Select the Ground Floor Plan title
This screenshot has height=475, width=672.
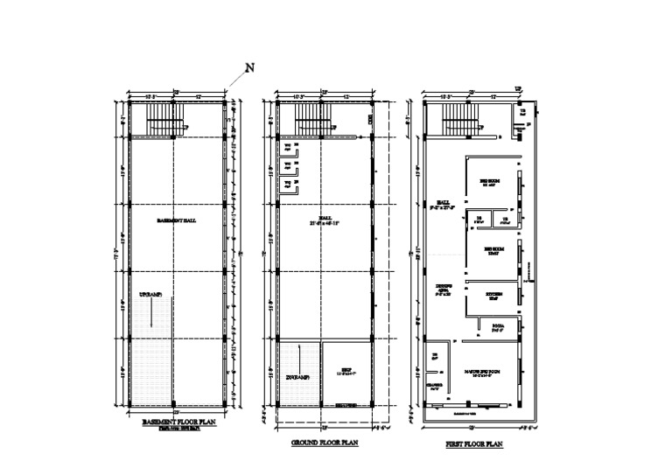[x=325, y=444]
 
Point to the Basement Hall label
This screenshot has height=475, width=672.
[x=176, y=220]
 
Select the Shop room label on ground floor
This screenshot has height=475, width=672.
[x=345, y=370]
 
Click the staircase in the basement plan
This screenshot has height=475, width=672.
[x=163, y=117]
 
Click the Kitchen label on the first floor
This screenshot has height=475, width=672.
[x=494, y=294]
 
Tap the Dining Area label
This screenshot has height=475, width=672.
[x=444, y=290]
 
